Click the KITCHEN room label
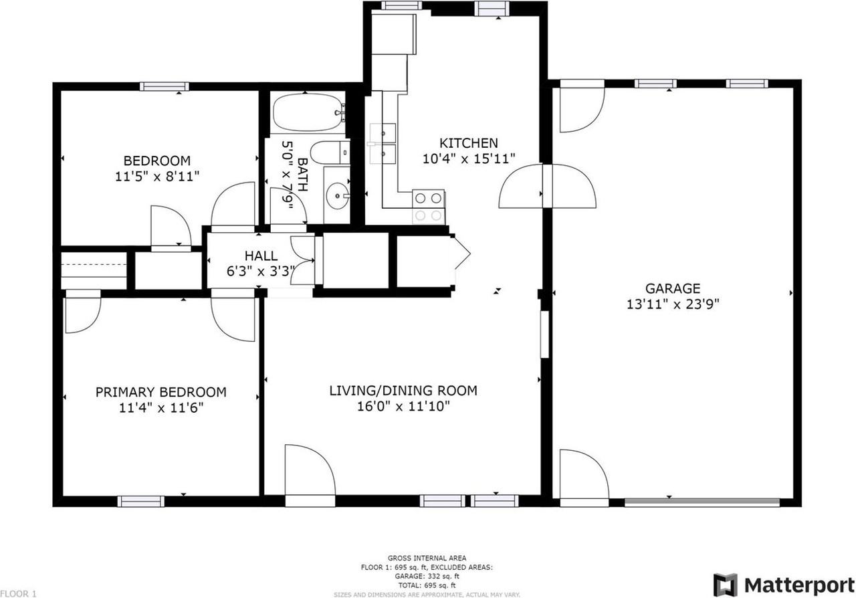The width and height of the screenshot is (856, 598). tap(468, 143)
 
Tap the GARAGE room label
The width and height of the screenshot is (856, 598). tap(672, 288)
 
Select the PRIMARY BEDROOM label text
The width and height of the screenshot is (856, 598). tap(160, 392)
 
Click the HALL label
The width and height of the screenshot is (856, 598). tap(261, 256)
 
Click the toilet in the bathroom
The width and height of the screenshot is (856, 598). tap(330, 153)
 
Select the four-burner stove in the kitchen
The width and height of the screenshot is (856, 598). tap(428, 206)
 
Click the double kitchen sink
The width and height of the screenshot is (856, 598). tap(382, 143)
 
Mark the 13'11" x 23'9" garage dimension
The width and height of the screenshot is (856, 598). tap(672, 304)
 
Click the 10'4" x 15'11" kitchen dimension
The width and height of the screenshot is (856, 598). tap(468, 159)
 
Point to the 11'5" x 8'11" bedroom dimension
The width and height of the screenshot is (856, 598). tap(157, 176)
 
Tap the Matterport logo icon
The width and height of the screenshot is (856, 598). tap(725, 585)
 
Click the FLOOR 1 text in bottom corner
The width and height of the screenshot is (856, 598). tap(19, 593)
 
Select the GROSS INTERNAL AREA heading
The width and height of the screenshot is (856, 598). tap(427, 558)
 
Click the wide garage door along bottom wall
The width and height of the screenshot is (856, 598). tap(702, 502)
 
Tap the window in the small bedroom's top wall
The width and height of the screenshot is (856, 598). tap(164, 86)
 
